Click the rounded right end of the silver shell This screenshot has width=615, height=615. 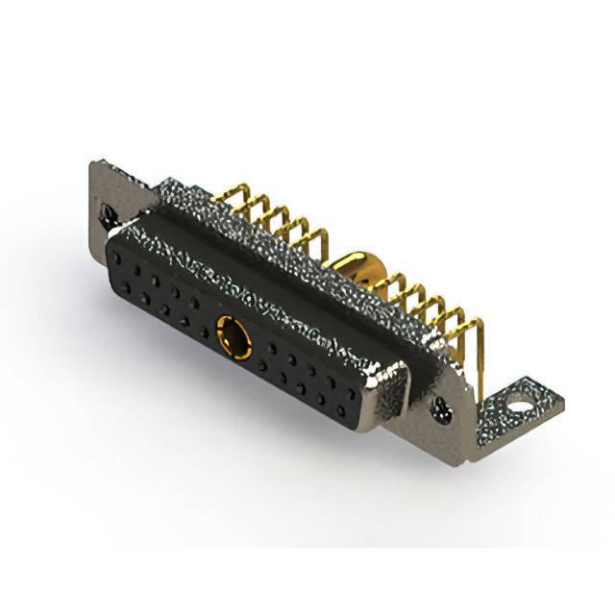point(394,394)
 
